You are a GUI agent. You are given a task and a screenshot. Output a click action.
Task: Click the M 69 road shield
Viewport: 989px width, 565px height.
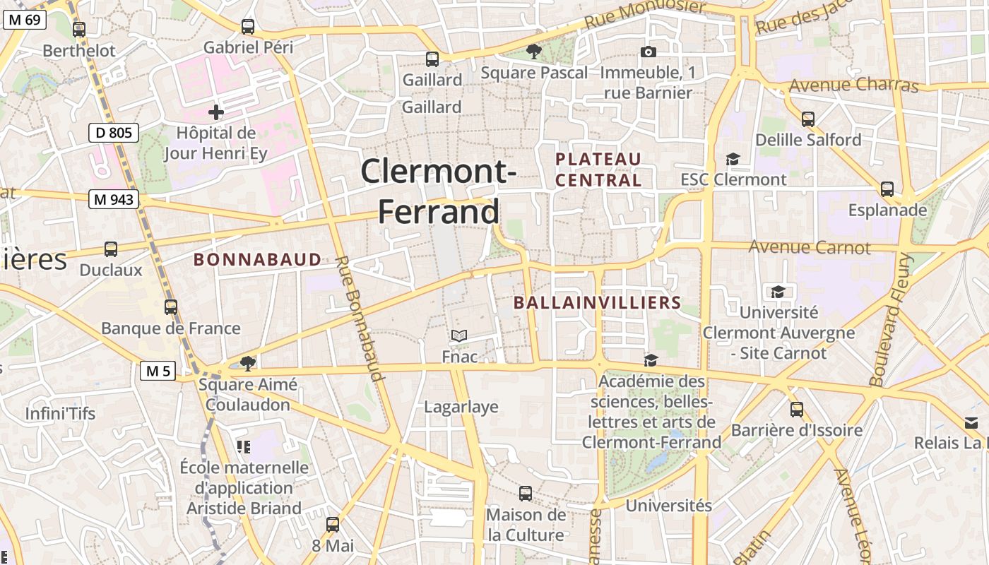click(x=25, y=19)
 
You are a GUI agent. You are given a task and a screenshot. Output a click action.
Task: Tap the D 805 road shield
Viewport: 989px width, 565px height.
click(x=114, y=132)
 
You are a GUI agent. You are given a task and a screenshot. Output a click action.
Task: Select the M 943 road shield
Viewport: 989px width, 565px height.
click(x=114, y=199)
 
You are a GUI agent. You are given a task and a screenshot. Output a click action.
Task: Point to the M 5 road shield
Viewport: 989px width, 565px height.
click(x=158, y=370)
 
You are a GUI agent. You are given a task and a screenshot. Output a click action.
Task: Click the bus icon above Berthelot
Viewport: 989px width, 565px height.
click(x=79, y=30)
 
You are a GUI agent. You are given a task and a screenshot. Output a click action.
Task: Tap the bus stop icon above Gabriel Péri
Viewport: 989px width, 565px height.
click(x=247, y=27)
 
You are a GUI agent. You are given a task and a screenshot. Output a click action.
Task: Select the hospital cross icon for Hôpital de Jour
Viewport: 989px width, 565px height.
click(x=216, y=112)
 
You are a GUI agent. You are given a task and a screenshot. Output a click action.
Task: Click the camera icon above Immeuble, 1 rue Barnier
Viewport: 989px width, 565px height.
click(x=648, y=52)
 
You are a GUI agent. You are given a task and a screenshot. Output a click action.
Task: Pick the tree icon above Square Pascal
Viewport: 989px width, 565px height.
click(x=534, y=51)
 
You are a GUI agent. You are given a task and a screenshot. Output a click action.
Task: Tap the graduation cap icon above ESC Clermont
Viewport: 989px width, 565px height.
click(x=733, y=159)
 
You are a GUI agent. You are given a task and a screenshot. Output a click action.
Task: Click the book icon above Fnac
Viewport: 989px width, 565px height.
click(x=459, y=335)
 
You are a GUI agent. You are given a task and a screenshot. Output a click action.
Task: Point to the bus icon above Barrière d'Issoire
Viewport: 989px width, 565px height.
click(x=797, y=409)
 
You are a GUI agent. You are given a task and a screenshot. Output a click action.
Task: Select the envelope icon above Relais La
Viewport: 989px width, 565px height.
click(x=971, y=422)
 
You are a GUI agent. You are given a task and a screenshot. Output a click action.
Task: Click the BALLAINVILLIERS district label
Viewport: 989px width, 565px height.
click(x=597, y=303)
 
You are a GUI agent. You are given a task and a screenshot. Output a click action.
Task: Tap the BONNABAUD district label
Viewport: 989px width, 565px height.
click(x=258, y=260)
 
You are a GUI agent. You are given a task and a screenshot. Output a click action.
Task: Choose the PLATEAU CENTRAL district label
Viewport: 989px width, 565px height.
click(x=598, y=169)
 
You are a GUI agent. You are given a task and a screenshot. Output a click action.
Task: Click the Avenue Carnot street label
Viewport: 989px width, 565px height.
click(x=810, y=248)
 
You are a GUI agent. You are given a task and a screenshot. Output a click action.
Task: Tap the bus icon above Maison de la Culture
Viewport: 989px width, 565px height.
click(x=526, y=493)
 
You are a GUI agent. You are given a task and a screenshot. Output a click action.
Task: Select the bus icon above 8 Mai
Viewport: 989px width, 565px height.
click(x=333, y=524)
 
